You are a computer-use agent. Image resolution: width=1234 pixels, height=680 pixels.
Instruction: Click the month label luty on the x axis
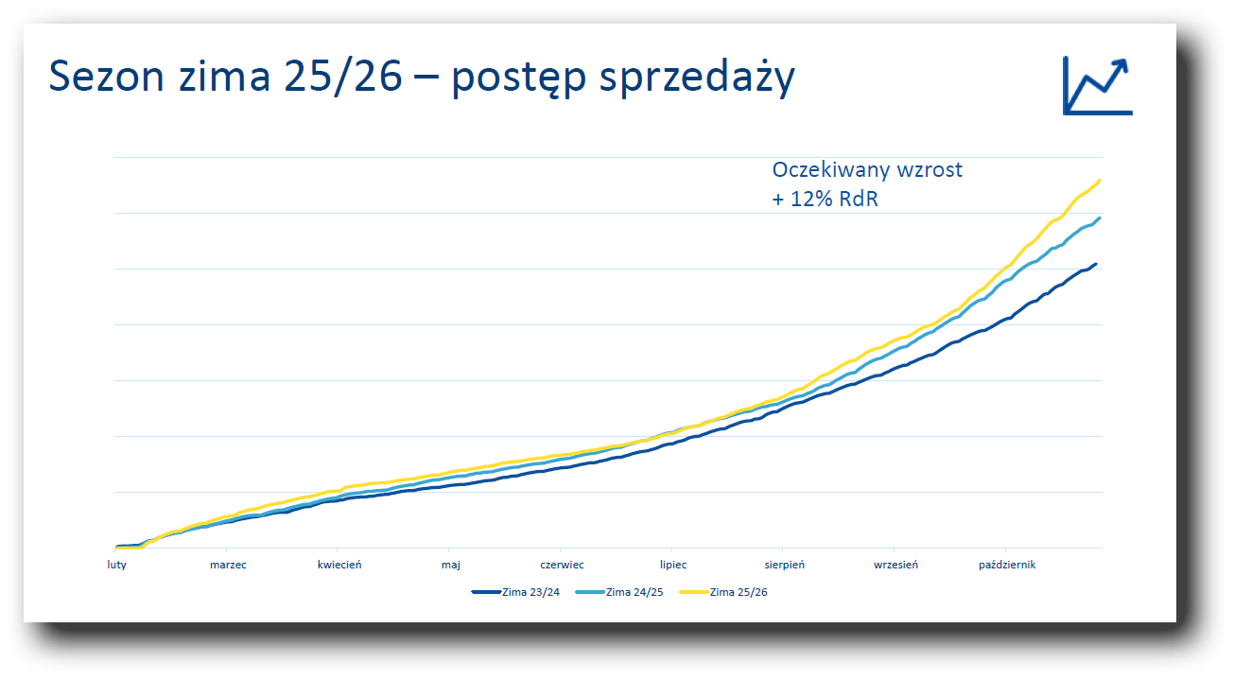click(115, 565)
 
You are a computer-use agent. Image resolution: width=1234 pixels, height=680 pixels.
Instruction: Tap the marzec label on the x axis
click(228, 565)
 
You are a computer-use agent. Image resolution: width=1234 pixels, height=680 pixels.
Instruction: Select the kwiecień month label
click(339, 565)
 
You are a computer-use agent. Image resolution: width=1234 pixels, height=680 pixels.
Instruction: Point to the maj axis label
click(450, 565)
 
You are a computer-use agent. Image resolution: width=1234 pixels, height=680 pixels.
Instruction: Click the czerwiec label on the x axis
click(562, 565)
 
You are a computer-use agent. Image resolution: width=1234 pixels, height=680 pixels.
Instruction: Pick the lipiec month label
click(673, 565)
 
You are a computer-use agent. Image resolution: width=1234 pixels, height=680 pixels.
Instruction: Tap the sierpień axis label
click(785, 565)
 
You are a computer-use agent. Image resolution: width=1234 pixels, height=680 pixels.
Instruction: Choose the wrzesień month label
click(895, 565)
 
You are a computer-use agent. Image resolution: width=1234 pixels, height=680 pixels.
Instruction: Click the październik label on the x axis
click(1007, 565)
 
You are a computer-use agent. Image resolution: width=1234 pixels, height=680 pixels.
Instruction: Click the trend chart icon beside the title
click(1097, 85)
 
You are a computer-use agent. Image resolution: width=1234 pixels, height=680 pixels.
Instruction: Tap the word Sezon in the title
click(106, 78)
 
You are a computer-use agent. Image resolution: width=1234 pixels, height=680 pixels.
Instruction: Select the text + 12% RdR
click(825, 200)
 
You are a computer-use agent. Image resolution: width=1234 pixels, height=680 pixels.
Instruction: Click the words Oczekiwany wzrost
click(867, 170)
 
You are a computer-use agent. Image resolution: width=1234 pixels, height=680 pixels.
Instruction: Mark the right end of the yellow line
click(1099, 181)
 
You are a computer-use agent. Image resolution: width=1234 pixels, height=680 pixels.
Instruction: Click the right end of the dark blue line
click(1096, 265)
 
